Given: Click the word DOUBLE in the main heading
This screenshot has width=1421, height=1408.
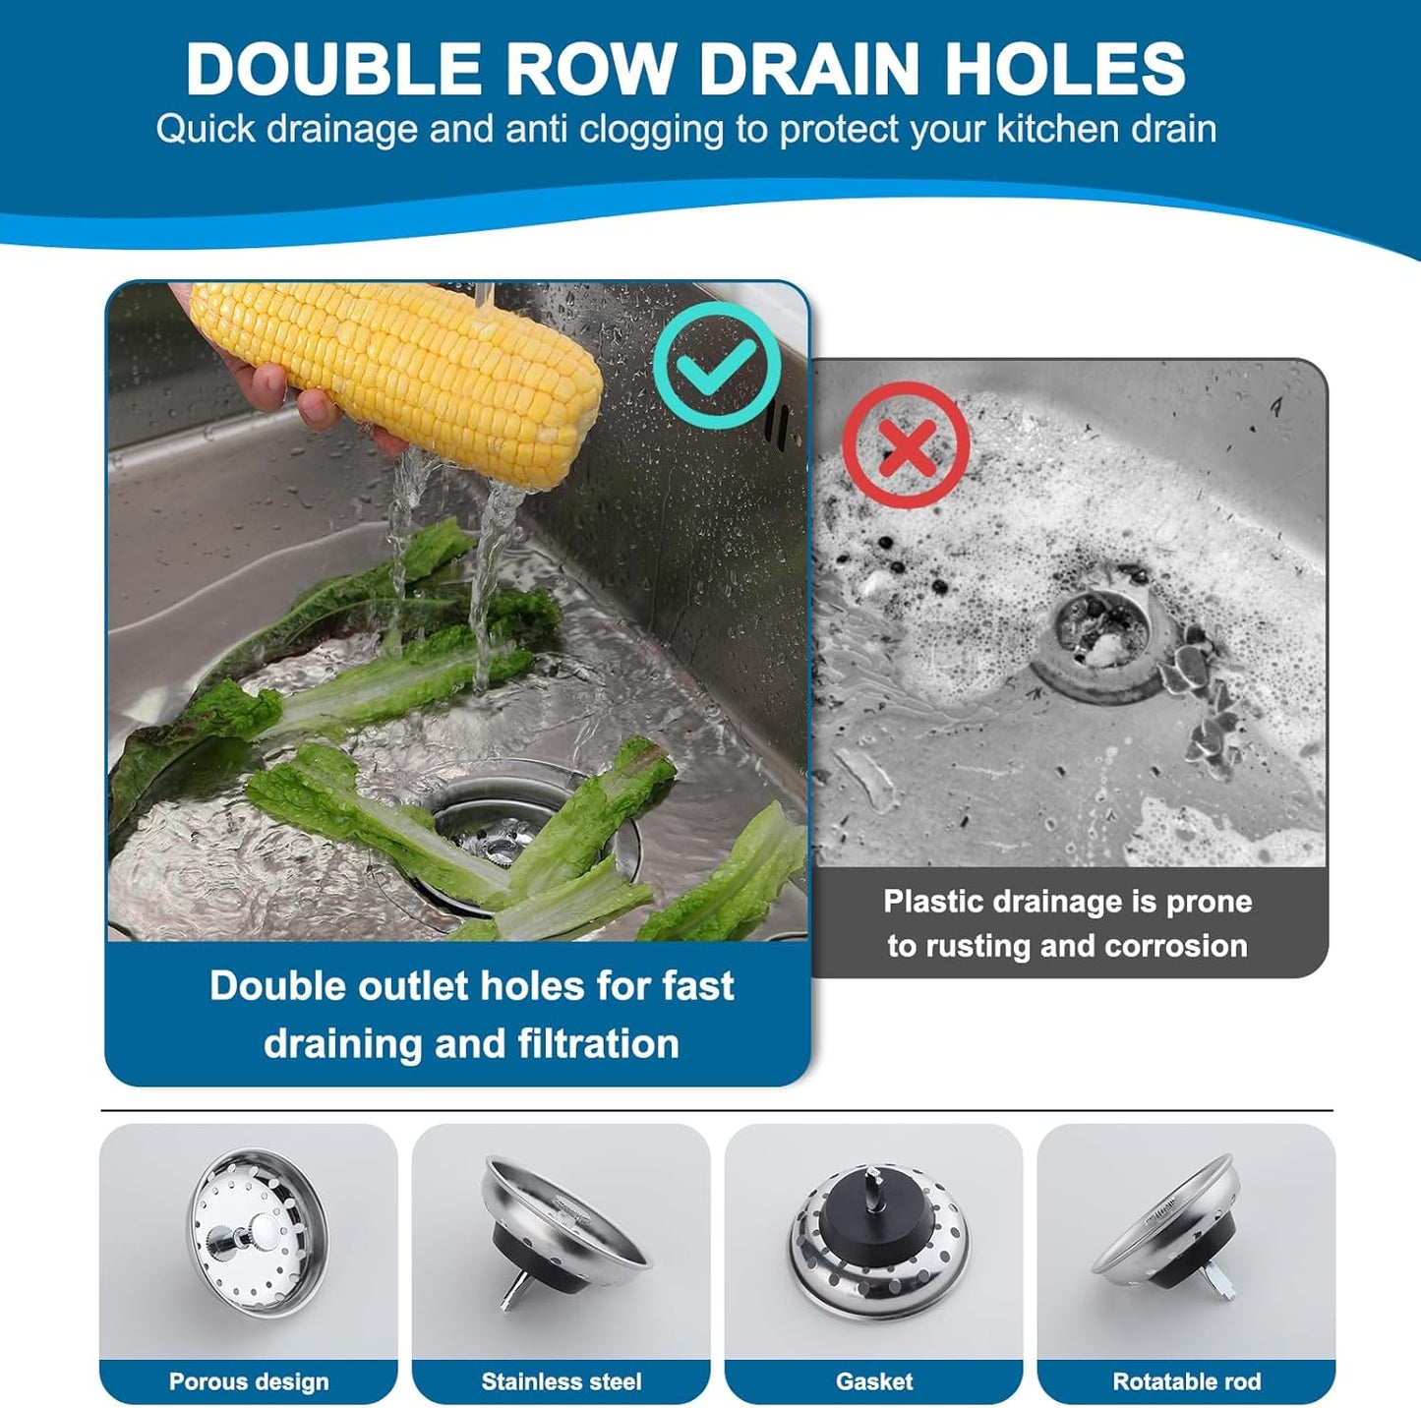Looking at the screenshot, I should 333,69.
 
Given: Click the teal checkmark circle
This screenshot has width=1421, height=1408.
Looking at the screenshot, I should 717,365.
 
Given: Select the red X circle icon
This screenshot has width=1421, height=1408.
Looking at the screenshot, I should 906,445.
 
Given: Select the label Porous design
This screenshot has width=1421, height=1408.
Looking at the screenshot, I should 249,1381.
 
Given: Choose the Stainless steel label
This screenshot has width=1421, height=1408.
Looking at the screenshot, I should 562,1381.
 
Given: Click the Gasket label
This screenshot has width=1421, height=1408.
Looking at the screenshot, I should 874,1381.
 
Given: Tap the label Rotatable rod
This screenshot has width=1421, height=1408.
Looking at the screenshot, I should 1186,1381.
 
